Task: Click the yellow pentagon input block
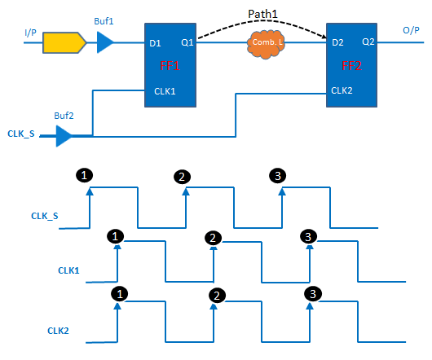point(64,42)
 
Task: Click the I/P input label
point(30,32)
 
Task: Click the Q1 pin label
point(187,41)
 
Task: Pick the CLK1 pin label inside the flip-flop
point(165,91)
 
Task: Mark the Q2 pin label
point(368,41)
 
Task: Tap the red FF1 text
point(170,64)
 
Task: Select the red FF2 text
point(350,64)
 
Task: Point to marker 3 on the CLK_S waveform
point(278,176)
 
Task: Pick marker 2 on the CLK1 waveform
point(212,238)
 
